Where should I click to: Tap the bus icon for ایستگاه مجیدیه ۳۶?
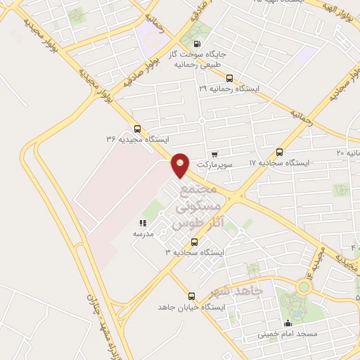pyautogui.click(x=137, y=129)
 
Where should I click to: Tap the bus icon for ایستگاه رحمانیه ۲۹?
pyautogui.click(x=229, y=79)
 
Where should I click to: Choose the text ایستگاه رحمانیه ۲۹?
pyautogui.click(x=229, y=89)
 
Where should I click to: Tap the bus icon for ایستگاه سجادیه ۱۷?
pyautogui.click(x=279, y=152)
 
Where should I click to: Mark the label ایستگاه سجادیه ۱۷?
pyautogui.click(x=279, y=162)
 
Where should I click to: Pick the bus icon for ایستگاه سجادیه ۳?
pyautogui.click(x=194, y=242)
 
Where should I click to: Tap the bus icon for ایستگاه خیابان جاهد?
pyautogui.click(x=191, y=296)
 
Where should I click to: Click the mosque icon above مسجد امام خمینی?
pyautogui.click(x=286, y=324)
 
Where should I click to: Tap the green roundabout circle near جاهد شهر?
pyautogui.click(x=304, y=286)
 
